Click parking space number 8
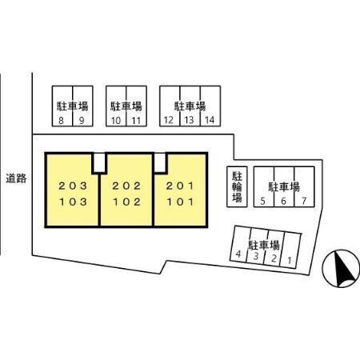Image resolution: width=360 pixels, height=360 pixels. (62, 106)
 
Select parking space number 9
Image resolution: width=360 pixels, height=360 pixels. (83, 106)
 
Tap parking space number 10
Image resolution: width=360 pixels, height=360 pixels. (116, 106)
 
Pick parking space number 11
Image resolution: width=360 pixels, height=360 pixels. (137, 106)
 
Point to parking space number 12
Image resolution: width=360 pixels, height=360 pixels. (170, 106)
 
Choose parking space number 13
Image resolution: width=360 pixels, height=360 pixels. (190, 106)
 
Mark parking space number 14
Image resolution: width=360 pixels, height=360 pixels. (210, 106)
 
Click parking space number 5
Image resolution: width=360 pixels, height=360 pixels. (264, 186)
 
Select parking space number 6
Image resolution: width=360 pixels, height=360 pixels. (284, 186)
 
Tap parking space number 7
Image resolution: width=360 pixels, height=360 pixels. (305, 186)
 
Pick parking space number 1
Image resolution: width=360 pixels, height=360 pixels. (290, 250)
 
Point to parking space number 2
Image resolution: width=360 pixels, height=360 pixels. (274, 248)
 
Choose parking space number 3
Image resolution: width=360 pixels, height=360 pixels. (257, 246)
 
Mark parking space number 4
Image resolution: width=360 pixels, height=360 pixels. (240, 244)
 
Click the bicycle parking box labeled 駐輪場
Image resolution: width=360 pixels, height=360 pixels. (237, 186)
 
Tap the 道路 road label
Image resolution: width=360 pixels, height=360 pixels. (16, 178)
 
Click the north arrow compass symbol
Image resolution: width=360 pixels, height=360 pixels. (341, 269)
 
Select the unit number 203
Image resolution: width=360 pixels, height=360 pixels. (73, 186)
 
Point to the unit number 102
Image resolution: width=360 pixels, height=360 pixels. (126, 202)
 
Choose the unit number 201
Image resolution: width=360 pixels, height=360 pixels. (180, 186)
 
